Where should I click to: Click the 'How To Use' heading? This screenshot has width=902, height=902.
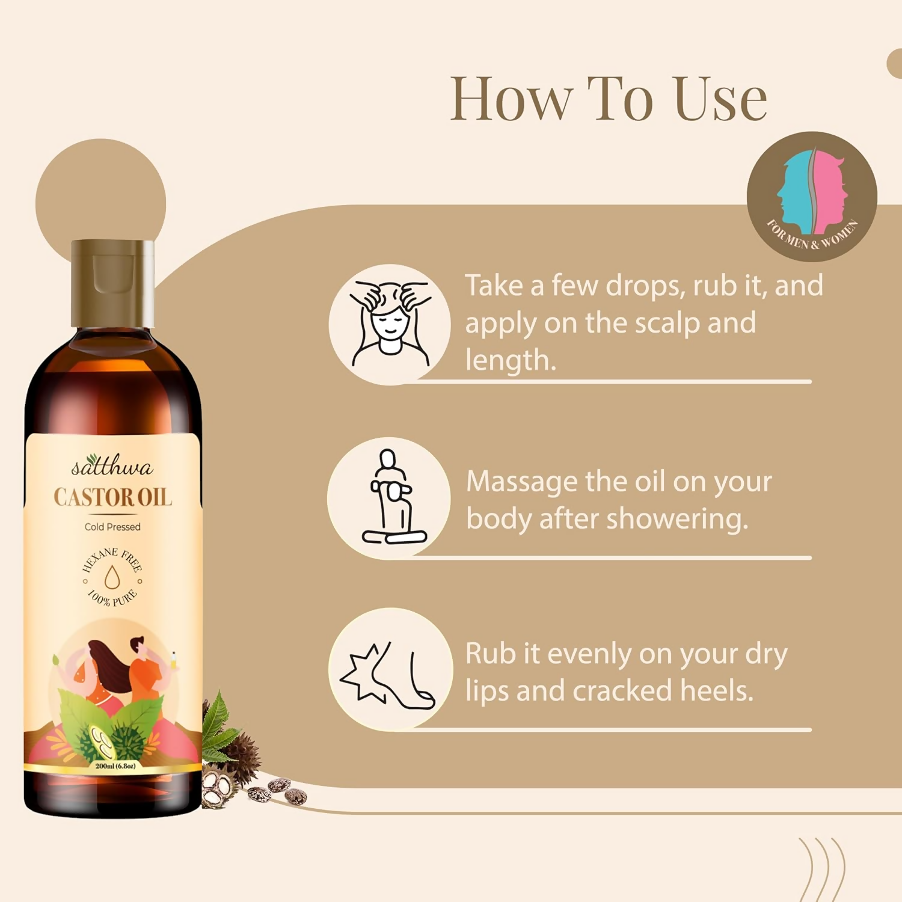(608, 99)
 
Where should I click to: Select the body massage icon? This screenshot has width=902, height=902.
(390, 498)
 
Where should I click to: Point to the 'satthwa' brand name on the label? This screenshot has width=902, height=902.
(112, 466)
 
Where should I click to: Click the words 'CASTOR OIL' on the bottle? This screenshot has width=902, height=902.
(112, 497)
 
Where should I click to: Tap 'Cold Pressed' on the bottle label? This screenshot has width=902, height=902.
(112, 527)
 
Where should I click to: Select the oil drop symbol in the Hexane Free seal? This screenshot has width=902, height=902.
(112, 578)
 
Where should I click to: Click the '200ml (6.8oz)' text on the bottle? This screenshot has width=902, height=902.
(115, 766)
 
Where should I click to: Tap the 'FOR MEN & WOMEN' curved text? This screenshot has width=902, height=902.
(812, 236)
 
